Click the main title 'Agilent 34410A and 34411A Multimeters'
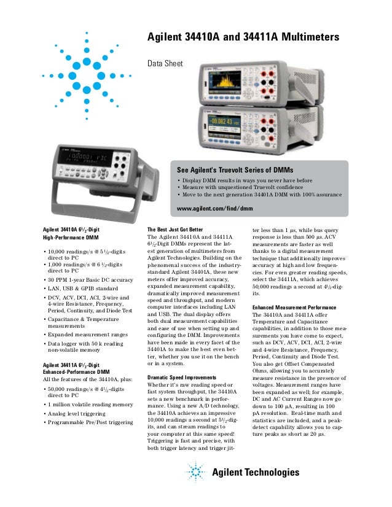[x=242, y=39]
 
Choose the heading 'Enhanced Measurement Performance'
[x=294, y=306]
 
